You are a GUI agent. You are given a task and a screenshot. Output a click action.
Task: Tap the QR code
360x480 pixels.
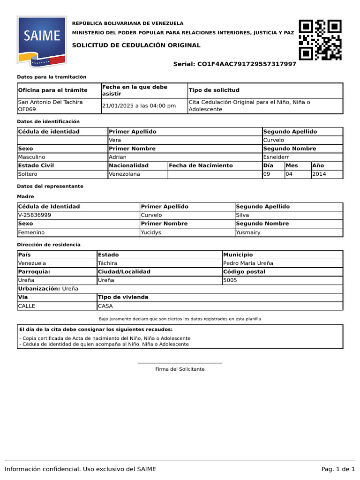[x=320, y=40]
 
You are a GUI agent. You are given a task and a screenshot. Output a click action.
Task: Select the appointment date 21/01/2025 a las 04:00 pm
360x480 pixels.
[x=139, y=106]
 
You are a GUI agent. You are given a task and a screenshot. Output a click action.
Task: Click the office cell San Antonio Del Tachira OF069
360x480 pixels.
[x=50, y=106]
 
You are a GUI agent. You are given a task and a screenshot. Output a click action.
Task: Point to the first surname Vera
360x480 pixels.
[x=115, y=140]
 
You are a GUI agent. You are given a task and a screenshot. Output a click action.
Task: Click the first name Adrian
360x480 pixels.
[x=118, y=157]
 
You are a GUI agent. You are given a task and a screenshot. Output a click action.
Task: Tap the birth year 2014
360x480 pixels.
[x=319, y=174]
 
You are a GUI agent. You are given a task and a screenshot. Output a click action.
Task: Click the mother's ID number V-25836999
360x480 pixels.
[x=35, y=215]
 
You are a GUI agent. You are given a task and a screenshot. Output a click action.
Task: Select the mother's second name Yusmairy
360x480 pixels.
[x=248, y=232]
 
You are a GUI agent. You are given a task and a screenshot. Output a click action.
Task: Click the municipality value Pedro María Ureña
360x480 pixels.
[x=248, y=263]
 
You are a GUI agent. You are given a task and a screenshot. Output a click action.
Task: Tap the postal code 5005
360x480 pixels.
[x=230, y=280]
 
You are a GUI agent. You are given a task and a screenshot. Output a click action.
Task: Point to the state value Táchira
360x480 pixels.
[x=107, y=263]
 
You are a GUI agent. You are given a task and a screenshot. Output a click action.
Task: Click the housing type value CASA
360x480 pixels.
[x=105, y=306]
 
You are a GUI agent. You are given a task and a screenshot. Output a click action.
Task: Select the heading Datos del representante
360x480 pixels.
[x=50, y=186]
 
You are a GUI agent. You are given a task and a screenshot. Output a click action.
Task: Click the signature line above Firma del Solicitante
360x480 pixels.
[x=180, y=363]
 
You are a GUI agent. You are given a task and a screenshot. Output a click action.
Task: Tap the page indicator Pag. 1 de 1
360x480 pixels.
[x=338, y=469]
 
